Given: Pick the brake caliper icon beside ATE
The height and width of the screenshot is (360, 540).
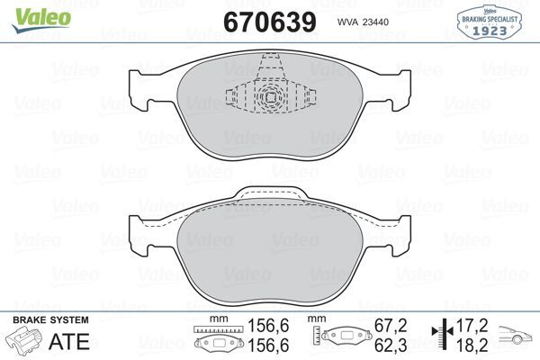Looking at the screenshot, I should pyautogui.click(x=24, y=341).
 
